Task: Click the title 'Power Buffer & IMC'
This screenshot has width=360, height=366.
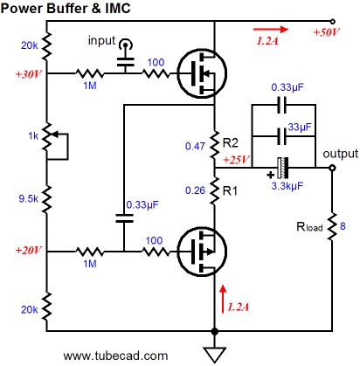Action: [66, 8]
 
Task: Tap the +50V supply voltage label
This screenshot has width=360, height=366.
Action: [327, 32]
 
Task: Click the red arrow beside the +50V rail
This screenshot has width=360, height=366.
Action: [271, 29]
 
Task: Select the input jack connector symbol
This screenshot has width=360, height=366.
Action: [126, 45]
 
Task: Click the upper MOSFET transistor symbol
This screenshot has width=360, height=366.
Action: [202, 73]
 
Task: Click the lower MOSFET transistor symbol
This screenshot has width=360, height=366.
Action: [202, 252]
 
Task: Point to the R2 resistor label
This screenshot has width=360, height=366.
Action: [231, 143]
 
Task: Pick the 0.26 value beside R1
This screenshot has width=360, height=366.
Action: [195, 190]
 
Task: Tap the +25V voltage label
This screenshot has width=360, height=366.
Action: [236, 160]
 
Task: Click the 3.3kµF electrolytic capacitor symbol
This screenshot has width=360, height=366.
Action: [282, 168]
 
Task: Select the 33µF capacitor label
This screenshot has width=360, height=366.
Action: [300, 128]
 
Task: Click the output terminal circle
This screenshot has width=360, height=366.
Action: [332, 168]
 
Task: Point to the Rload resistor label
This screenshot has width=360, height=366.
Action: [309, 227]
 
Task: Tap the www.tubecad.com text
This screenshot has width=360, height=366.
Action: [115, 356]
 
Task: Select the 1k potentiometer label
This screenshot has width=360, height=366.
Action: [33, 136]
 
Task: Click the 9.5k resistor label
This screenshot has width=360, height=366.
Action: [28, 198]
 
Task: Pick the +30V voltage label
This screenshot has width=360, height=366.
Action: [29, 74]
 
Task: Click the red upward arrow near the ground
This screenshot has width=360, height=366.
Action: [223, 299]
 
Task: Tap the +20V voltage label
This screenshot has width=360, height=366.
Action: [29, 251]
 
